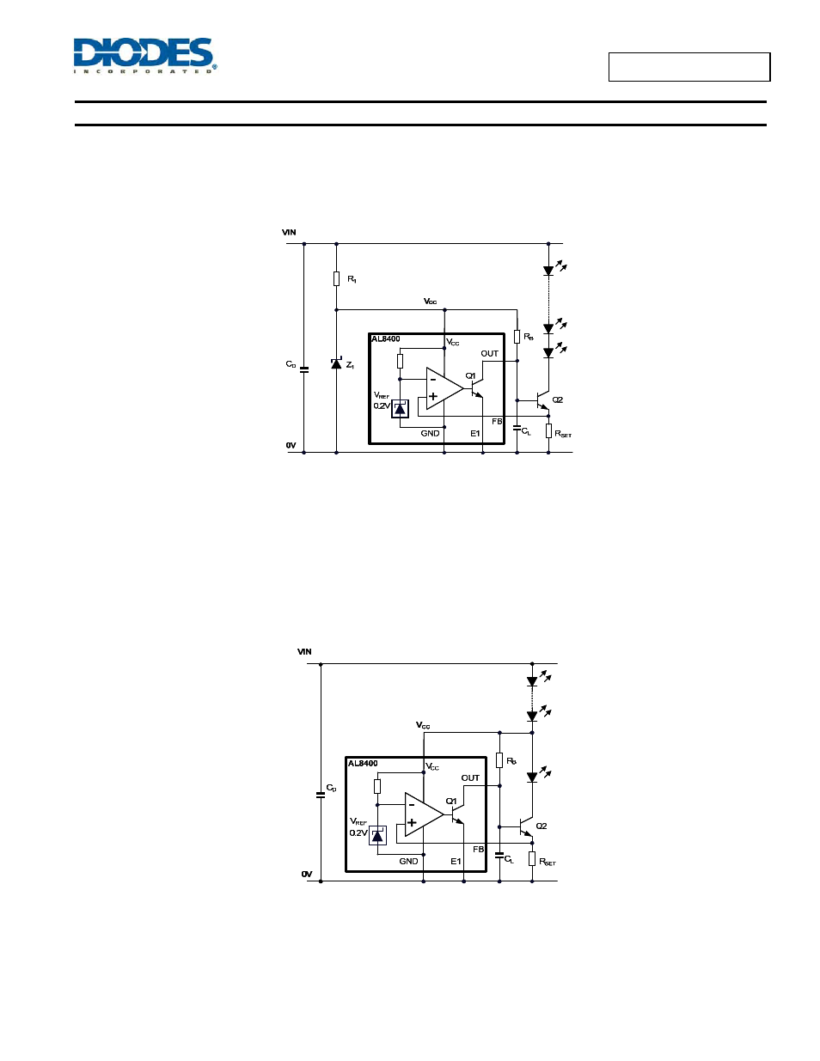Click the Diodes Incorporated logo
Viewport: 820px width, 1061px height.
point(145,56)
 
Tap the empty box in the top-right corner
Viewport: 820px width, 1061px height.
point(689,67)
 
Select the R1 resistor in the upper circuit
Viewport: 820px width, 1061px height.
point(336,279)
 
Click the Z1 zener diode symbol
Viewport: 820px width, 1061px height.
point(336,363)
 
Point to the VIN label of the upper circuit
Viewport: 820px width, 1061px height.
point(289,233)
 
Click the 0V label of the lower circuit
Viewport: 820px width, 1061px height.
point(307,874)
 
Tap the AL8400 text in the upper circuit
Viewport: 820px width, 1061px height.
point(385,338)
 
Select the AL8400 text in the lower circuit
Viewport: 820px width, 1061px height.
point(363,763)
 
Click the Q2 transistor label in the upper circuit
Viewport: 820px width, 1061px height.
point(557,399)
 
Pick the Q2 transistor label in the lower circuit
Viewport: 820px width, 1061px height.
point(542,826)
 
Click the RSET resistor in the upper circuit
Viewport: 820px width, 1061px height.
point(548,431)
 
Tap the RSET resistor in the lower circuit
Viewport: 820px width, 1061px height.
point(532,859)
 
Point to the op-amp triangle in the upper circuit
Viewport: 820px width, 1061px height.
point(444,388)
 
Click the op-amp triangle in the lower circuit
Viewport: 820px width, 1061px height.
point(424,814)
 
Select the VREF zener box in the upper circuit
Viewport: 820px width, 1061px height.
point(400,409)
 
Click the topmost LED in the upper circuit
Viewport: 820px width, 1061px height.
point(548,271)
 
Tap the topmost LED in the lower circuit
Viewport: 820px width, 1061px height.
point(532,681)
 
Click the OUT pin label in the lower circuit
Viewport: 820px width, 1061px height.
point(470,777)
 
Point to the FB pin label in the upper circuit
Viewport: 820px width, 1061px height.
point(497,421)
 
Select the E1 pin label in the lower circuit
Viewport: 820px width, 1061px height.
point(456,862)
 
